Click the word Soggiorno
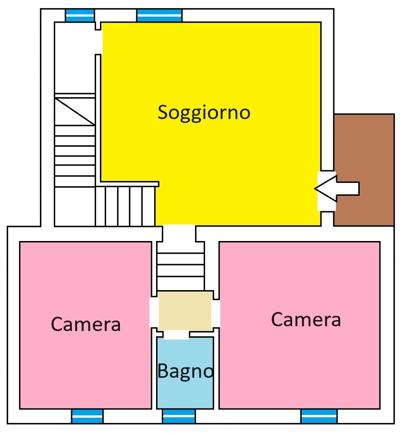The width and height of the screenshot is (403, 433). (x=204, y=113)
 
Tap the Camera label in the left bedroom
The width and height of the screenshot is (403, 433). (x=85, y=324)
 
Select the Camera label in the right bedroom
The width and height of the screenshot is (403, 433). (x=306, y=320)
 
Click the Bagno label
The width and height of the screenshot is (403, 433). (x=185, y=371)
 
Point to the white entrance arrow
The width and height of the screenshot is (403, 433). (x=337, y=189)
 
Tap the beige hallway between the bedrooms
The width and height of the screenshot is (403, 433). (x=185, y=311)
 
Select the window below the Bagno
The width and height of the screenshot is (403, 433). (x=179, y=416)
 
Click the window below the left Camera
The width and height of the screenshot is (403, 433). (x=87, y=416)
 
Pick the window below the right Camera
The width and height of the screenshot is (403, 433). (x=319, y=416)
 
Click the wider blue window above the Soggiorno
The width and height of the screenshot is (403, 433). (x=159, y=15)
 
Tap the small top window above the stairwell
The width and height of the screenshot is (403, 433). (x=80, y=15)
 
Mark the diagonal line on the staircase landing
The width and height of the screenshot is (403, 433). (x=75, y=112)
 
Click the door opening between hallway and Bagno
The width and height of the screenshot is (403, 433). (x=176, y=335)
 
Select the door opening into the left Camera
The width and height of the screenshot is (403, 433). (x=154, y=312)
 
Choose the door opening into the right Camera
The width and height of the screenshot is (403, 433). (x=216, y=313)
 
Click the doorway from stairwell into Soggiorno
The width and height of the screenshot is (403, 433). (x=98, y=42)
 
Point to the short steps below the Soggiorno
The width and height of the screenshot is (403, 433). (x=181, y=267)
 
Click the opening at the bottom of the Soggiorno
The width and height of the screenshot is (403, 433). (x=179, y=233)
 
